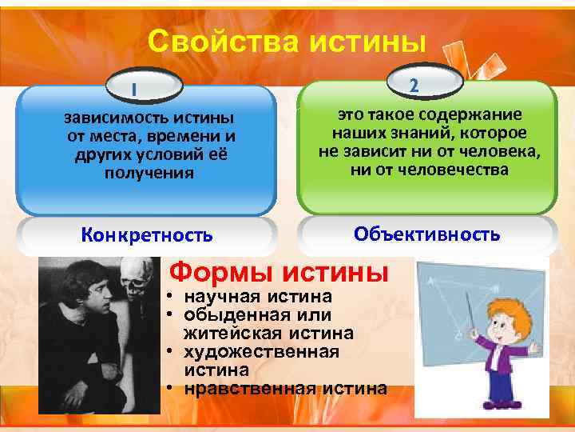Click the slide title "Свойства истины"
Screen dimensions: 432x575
coord(287,41)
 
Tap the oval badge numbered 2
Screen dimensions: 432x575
coord(426,81)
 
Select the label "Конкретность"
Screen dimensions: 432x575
coord(148,234)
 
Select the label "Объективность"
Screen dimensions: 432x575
coord(427,234)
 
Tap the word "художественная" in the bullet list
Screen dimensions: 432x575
coord(261,351)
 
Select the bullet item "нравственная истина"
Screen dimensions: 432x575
coord(284,389)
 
